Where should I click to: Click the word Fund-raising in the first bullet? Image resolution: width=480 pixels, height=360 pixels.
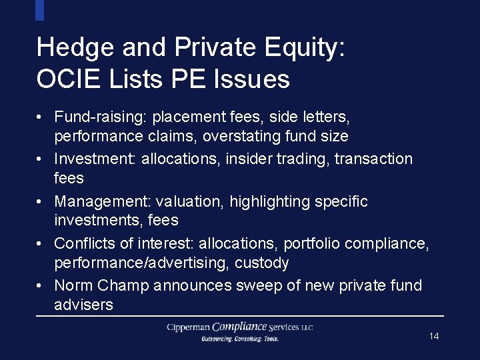click(x=100, y=117)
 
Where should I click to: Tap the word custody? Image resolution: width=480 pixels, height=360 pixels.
click(x=261, y=263)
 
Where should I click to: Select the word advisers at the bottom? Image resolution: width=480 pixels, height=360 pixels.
click(x=83, y=305)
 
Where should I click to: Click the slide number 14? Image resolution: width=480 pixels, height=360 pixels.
click(x=434, y=336)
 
